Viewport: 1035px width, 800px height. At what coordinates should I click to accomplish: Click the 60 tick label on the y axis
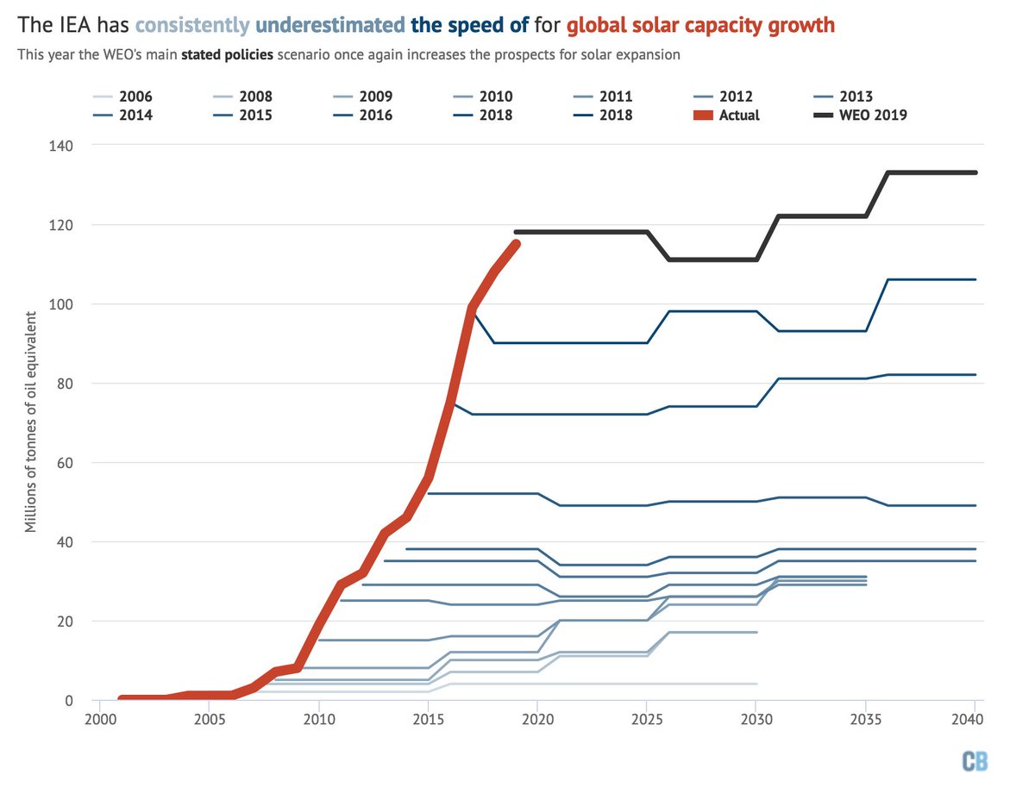pos(65,463)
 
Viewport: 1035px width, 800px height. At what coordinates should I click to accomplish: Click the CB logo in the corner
pos(974,761)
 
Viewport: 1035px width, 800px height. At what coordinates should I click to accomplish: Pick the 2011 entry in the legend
pos(615,97)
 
